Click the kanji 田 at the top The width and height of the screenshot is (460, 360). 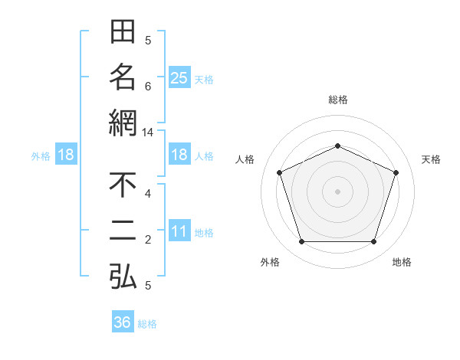[x=123, y=33]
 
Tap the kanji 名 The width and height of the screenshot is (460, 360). [x=123, y=77]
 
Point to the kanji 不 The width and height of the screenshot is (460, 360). [x=123, y=186]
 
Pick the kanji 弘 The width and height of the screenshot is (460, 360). [x=123, y=276]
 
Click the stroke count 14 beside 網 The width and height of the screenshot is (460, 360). [x=148, y=133]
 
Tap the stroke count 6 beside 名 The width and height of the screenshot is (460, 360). [x=148, y=87]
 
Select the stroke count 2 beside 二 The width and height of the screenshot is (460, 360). [x=148, y=241]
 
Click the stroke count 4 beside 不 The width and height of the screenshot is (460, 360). [x=148, y=194]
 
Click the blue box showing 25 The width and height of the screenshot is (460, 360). [x=179, y=78]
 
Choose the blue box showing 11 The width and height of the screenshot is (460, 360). [x=179, y=232]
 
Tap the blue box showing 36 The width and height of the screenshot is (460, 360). [x=122, y=322]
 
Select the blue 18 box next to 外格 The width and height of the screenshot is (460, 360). [x=65, y=155]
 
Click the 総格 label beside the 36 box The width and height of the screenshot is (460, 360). [x=147, y=324]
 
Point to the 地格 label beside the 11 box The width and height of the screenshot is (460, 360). [x=204, y=233]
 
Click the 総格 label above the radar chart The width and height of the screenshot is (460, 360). [x=337, y=100]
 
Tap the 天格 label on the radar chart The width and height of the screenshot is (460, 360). [x=432, y=159]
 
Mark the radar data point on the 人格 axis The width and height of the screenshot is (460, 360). [x=279, y=172]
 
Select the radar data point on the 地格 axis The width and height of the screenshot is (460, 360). [x=373, y=242]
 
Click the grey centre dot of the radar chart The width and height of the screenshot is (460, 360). [x=337, y=191]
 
